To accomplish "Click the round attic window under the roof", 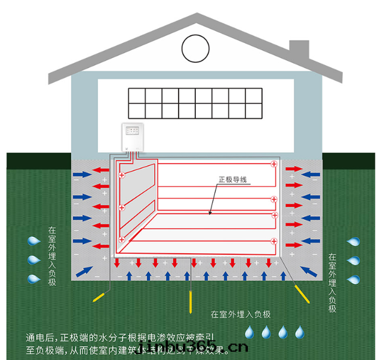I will [x=197, y=47].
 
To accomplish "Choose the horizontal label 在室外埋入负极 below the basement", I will [x=241, y=315].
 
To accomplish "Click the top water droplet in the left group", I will [x=33, y=241].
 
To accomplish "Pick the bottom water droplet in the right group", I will [x=354, y=279].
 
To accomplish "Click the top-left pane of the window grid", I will [x=136, y=96].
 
